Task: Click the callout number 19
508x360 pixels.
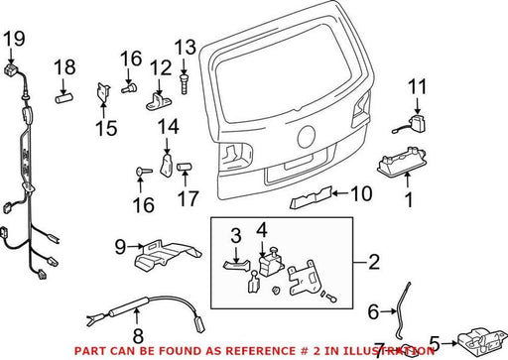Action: point(14,39)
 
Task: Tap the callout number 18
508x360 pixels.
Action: point(64,67)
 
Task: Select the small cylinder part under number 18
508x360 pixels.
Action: point(63,98)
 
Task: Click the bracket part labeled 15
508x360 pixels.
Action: point(103,92)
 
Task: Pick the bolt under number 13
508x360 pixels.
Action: point(184,84)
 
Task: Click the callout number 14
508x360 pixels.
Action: point(169,127)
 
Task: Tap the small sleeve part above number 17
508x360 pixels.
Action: point(185,167)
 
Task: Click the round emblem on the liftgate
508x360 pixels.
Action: point(307,137)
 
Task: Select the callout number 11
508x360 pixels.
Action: point(418,86)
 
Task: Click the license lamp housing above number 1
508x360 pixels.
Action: point(401,162)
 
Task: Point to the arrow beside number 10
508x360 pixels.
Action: point(340,193)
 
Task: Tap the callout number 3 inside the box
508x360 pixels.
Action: point(236,235)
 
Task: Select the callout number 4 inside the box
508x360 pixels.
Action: point(262,230)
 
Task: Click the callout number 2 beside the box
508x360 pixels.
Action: point(374,262)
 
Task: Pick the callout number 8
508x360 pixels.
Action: point(138,335)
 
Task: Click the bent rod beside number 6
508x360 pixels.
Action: point(401,310)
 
